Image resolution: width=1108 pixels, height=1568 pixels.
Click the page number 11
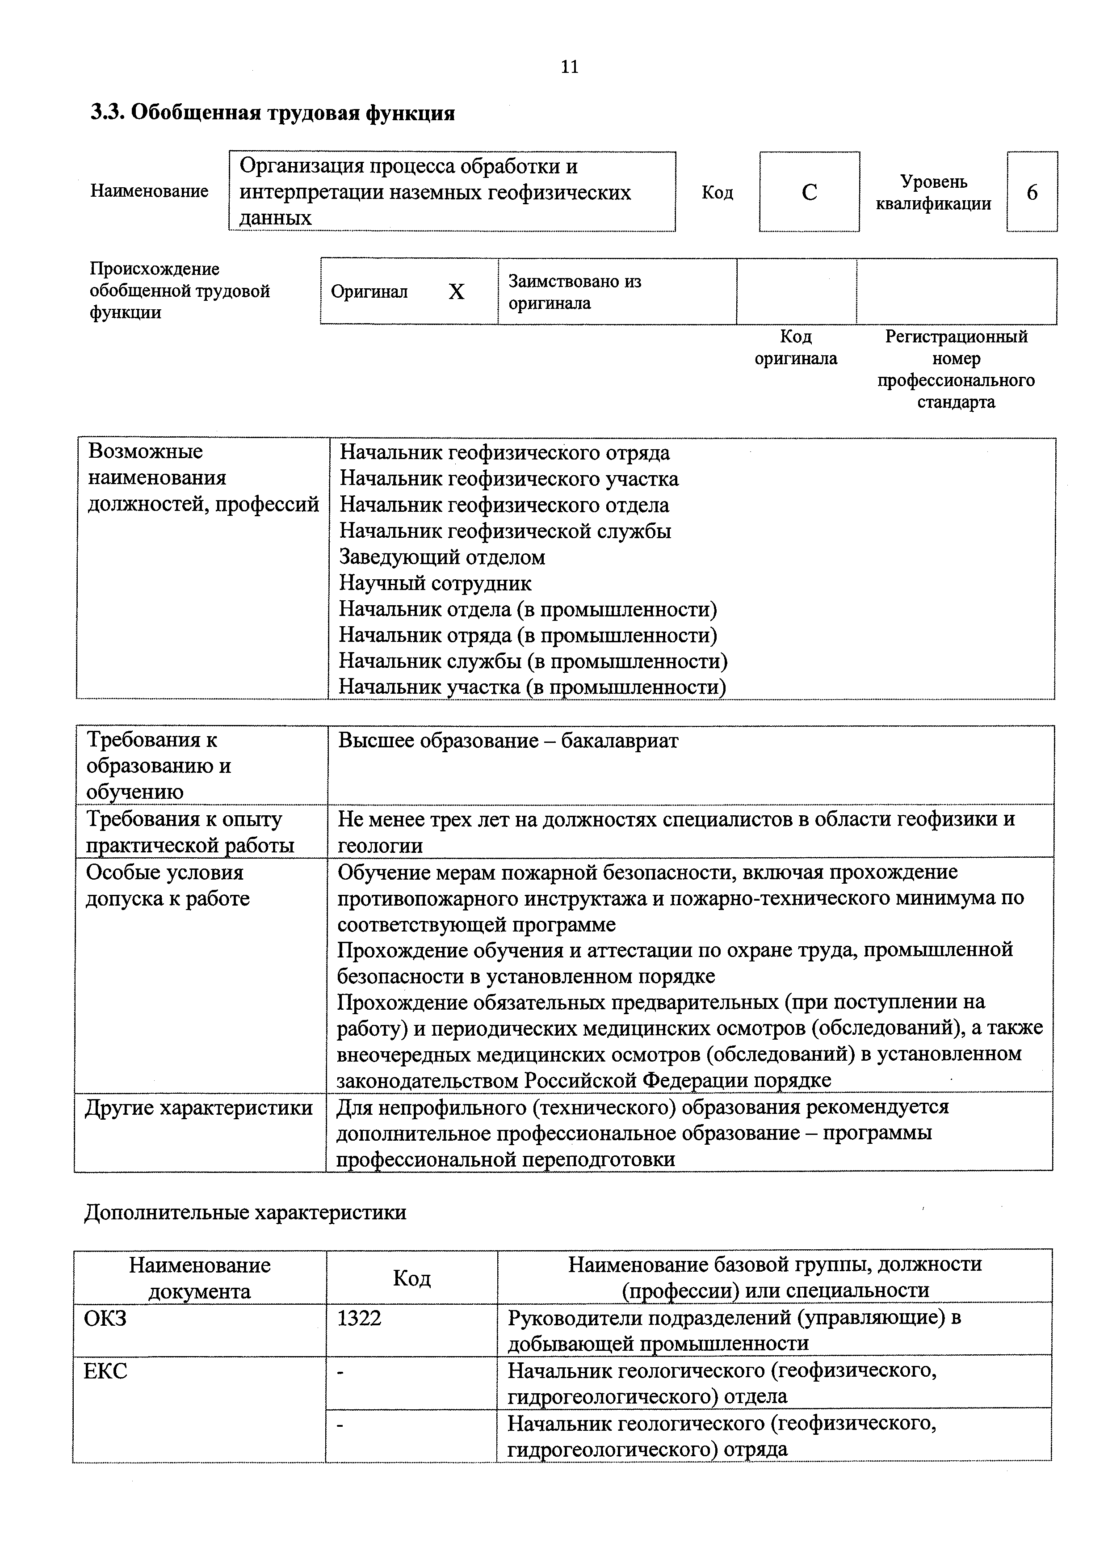(569, 67)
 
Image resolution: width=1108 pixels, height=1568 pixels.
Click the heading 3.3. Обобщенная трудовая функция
(273, 113)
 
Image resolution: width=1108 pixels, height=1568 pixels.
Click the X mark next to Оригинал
(456, 292)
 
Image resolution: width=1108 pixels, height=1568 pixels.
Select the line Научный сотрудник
(435, 583)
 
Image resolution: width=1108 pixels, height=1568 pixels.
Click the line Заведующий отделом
(442, 557)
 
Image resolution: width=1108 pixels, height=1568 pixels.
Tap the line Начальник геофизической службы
(505, 531)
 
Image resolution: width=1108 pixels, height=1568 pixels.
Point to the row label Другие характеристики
(199, 1108)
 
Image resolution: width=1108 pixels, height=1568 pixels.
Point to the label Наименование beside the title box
(150, 191)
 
